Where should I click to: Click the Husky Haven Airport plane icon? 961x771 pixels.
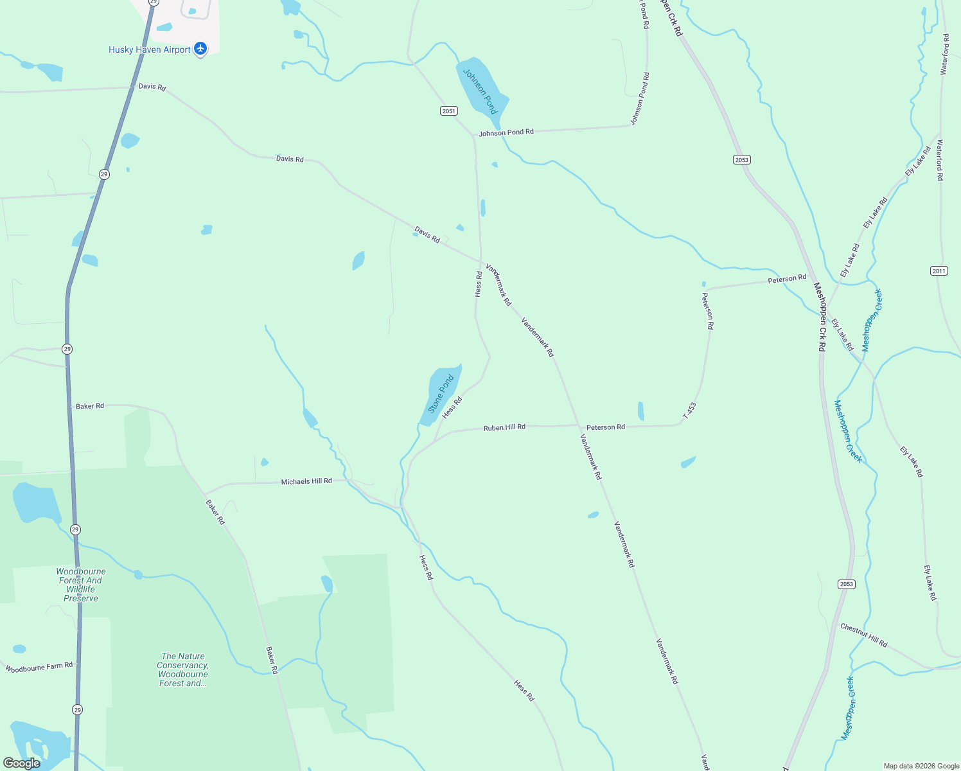(200, 49)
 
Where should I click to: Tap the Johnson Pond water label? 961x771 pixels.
(480, 91)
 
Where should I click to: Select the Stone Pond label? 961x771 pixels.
(441, 393)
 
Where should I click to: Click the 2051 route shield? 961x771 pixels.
(449, 111)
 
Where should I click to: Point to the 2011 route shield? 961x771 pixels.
(939, 271)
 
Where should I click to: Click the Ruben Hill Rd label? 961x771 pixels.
(504, 427)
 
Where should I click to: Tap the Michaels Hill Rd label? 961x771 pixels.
(306, 481)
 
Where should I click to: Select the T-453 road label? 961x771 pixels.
(689, 411)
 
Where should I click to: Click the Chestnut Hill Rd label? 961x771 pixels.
(864, 635)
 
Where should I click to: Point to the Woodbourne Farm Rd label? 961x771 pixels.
(39, 668)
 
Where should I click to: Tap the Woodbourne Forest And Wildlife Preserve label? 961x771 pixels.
(81, 585)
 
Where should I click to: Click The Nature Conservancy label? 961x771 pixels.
(183, 669)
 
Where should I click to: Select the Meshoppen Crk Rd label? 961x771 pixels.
(820, 317)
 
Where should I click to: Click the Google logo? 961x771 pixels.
(21, 763)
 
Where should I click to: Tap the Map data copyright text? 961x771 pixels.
(921, 766)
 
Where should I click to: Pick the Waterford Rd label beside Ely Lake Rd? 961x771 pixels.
(940, 160)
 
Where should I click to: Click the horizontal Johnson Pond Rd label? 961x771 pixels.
(506, 133)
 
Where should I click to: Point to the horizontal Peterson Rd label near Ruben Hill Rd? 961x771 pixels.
(605, 427)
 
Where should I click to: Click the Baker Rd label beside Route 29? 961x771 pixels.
(90, 406)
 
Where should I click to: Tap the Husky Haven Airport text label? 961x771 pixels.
(150, 49)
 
